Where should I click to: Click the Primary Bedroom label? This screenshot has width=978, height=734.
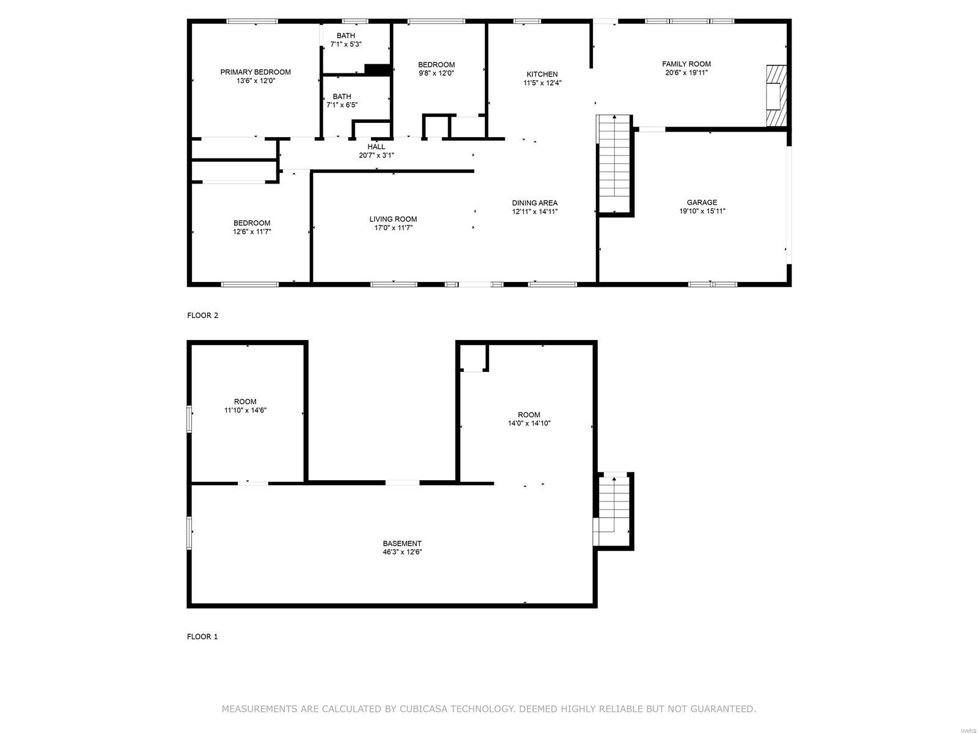[x=255, y=72]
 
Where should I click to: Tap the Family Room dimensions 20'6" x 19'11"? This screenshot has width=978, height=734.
[x=686, y=73]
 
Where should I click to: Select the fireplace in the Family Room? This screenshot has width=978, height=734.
[x=776, y=96]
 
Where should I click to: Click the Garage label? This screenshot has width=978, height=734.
[x=702, y=202]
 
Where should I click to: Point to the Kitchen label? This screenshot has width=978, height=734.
[x=542, y=75]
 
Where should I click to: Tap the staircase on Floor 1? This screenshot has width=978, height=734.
[x=613, y=508]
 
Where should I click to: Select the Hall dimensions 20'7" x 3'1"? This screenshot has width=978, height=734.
[x=376, y=155]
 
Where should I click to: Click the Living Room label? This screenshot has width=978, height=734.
[x=393, y=219]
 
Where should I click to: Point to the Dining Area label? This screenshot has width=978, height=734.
[x=535, y=203]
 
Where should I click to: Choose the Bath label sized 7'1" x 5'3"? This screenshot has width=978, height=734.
[x=345, y=35]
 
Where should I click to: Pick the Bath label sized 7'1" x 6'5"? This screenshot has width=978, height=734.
[x=342, y=97]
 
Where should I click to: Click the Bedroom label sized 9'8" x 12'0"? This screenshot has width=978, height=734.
[x=436, y=65]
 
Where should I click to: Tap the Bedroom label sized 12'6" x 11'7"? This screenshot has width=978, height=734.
[x=252, y=223]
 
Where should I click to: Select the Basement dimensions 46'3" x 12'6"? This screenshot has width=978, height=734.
[x=402, y=552]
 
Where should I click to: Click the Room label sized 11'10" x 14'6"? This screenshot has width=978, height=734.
[x=245, y=402]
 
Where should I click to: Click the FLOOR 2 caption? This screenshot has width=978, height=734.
[x=202, y=316]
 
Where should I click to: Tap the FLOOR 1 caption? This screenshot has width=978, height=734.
[x=202, y=637]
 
